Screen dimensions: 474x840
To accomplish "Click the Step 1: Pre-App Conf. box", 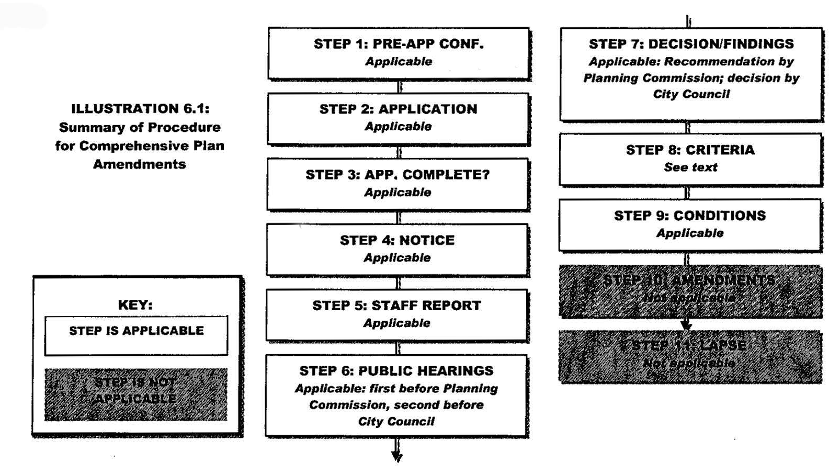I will click(399, 53).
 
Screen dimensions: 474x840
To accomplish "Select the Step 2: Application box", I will click(399, 118).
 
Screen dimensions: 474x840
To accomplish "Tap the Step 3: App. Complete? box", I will click(398, 184).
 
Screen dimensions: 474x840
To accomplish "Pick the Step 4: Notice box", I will click(398, 249).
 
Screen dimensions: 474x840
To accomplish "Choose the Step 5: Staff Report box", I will click(397, 314).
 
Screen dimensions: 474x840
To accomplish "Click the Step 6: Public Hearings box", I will click(396, 396).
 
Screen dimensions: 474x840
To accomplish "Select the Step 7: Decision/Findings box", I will click(691, 74).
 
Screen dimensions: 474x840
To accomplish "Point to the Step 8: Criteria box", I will click(690, 159).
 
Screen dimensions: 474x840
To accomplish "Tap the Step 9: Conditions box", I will click(690, 224).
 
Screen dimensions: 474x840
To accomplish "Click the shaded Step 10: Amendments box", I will click(690, 291).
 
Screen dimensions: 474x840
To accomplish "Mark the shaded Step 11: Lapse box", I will click(690, 356).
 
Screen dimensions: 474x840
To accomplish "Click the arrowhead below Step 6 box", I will click(397, 457).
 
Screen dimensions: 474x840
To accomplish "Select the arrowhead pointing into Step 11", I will click(686, 326).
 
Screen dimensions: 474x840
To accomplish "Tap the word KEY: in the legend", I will click(135, 305).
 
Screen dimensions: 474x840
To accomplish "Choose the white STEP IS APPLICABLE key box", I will click(136, 335).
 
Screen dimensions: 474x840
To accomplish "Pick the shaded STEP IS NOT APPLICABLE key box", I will click(136, 394).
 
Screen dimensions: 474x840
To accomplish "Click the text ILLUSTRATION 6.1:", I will click(140, 109).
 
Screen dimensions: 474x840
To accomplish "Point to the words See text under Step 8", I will click(690, 167).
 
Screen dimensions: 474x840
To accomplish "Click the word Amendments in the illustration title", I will click(140, 164).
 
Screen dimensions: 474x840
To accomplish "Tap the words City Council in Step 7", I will click(691, 94).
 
